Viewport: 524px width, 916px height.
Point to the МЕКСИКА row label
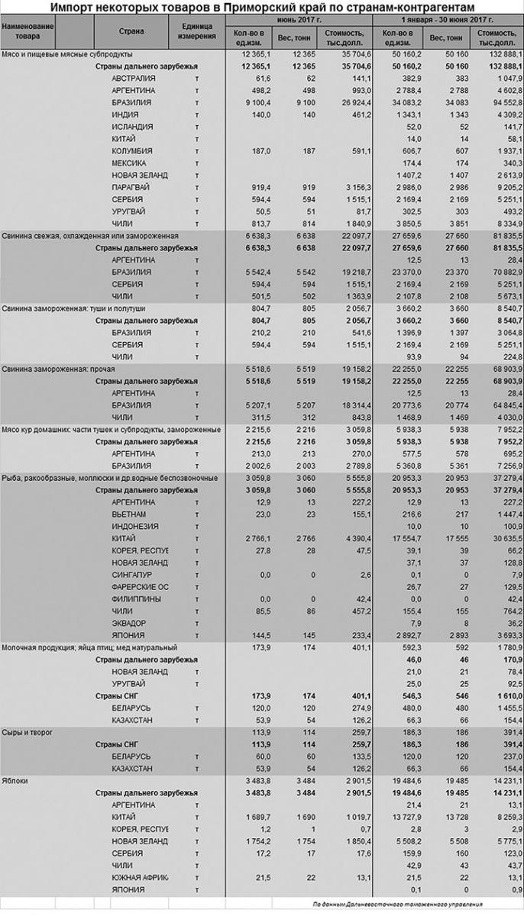click(131, 163)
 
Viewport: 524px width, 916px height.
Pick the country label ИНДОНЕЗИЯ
click(135, 527)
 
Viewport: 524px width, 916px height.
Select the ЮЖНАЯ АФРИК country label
click(140, 878)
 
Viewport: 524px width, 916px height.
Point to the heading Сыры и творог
click(28, 732)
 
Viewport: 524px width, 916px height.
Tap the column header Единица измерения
click(196, 31)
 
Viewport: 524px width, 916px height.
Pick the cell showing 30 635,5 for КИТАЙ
click(497, 538)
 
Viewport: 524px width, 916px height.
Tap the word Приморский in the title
click(257, 7)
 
